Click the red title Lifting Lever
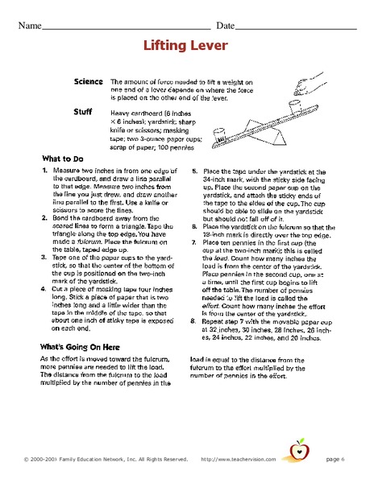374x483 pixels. tap(187, 47)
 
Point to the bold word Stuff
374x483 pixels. tap(83, 112)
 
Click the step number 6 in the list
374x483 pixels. tap(194, 225)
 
